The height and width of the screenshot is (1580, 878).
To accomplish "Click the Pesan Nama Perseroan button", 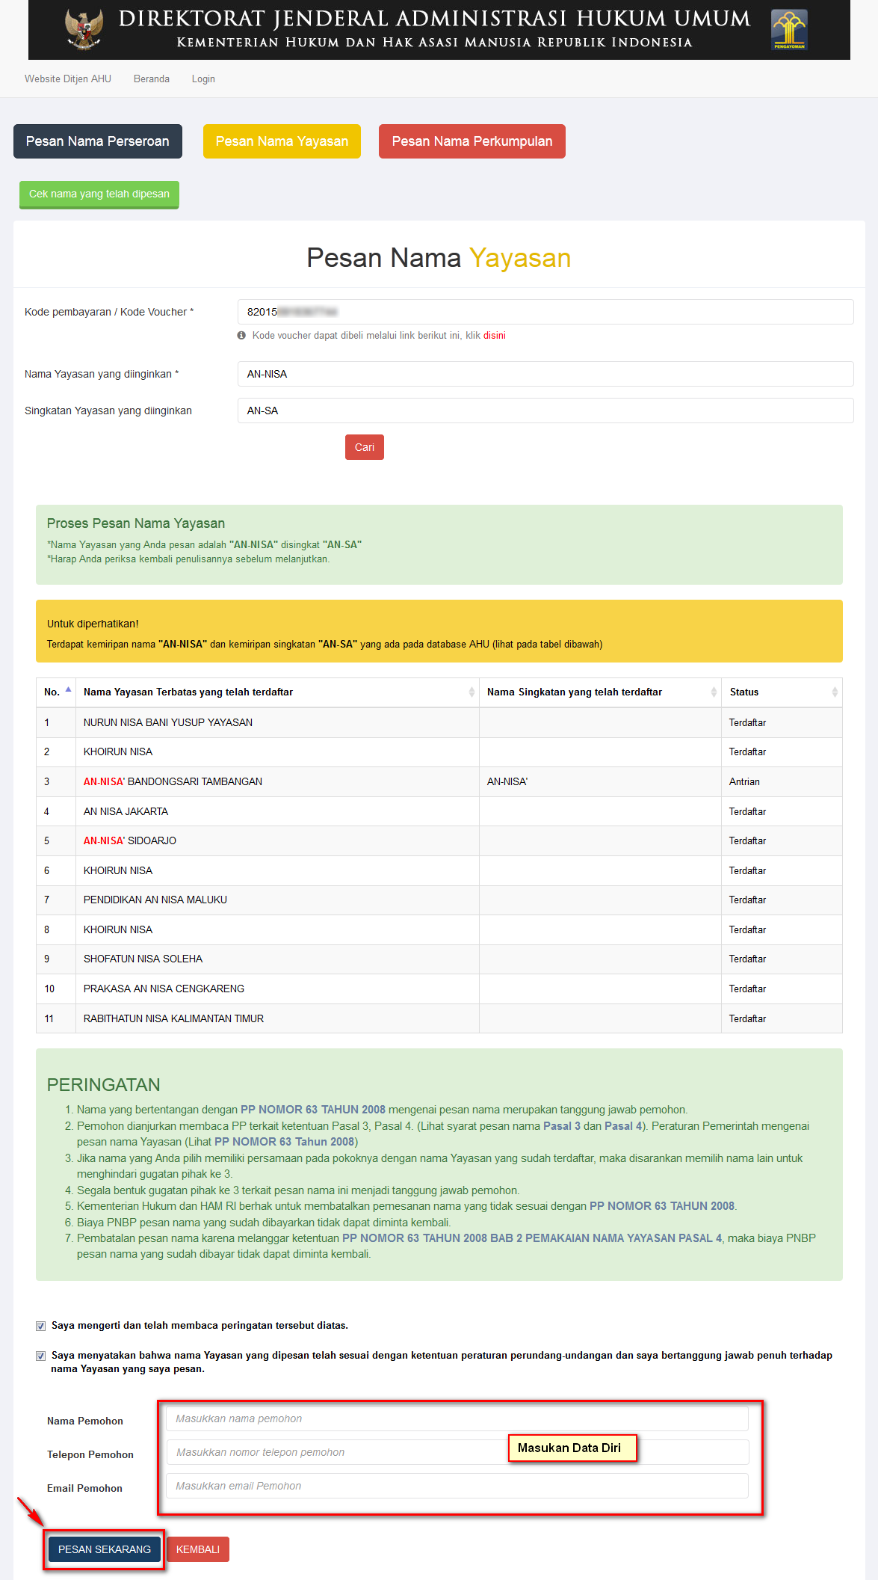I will pos(98,141).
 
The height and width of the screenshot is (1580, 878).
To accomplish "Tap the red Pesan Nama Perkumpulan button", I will pos(472,141).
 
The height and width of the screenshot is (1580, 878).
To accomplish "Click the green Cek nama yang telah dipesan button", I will pos(99,194).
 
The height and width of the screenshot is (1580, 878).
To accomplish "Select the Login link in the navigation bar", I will pos(203,79).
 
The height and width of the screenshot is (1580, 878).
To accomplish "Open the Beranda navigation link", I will pos(152,79).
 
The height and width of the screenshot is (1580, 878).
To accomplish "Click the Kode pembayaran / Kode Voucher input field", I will pos(545,312).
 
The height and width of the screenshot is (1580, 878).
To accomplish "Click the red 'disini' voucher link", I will pos(494,336).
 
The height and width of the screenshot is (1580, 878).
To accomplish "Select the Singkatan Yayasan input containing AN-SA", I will pos(545,411).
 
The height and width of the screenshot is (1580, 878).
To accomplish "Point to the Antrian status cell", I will pos(744,781).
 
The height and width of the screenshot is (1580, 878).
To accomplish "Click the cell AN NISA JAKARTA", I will pos(126,811).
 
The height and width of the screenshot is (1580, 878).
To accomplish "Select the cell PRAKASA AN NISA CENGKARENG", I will pos(164,989).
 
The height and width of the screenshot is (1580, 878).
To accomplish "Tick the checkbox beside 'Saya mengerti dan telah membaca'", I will pos(41,1326).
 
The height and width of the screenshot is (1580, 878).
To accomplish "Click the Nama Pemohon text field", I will pos(457,1418).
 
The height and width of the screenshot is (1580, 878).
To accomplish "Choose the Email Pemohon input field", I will pos(457,1486).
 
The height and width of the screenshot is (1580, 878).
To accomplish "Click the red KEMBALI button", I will pos(198,1549).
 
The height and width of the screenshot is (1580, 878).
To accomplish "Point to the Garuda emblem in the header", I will pos(84,28).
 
